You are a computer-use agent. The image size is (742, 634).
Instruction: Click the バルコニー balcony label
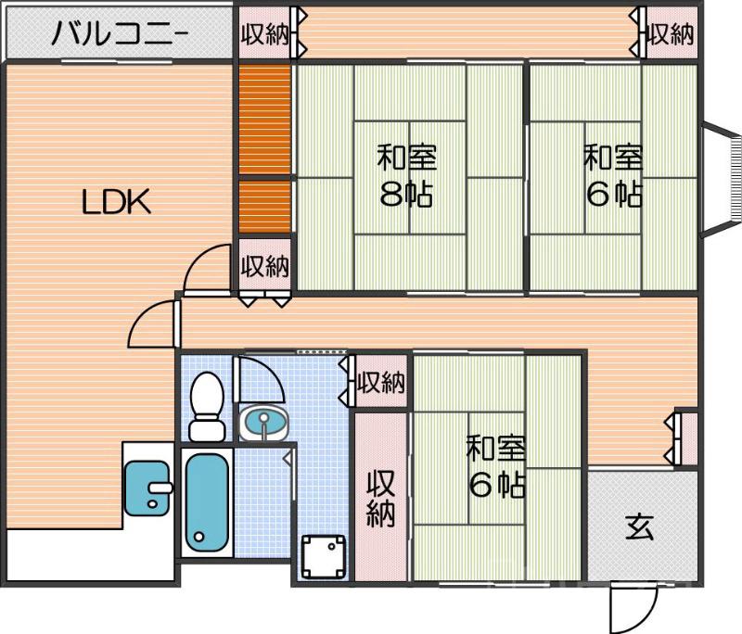(120, 35)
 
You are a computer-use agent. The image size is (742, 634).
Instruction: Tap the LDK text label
(115, 202)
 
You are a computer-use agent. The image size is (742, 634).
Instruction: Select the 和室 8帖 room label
(406, 175)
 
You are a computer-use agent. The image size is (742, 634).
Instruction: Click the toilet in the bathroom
(205, 405)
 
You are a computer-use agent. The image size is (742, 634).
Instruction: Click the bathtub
(205, 501)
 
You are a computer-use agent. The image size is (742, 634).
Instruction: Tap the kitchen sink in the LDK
(147, 487)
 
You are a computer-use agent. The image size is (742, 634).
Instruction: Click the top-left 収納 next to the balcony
(264, 35)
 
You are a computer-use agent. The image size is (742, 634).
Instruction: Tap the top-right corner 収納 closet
(671, 35)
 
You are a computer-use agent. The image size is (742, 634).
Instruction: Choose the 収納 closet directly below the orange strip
(265, 266)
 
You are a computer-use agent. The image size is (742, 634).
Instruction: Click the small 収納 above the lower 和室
(380, 382)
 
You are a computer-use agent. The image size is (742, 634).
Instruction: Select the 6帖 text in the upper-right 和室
(612, 194)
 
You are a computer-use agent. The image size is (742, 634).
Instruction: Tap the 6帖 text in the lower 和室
(496, 484)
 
